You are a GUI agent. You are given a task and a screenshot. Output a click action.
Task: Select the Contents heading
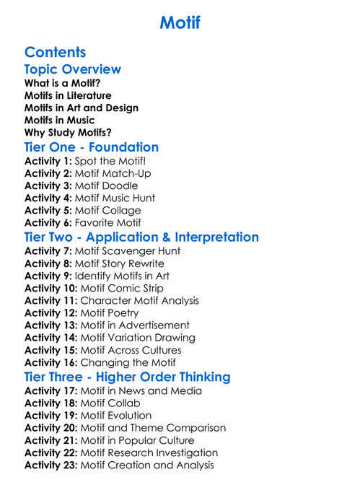(x=55, y=52)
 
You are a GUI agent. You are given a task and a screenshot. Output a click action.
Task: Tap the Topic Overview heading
(x=72, y=69)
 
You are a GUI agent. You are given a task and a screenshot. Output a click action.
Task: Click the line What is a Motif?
(x=62, y=83)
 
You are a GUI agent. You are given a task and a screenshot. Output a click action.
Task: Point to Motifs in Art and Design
(x=82, y=108)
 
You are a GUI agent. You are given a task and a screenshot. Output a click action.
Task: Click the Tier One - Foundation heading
(x=92, y=147)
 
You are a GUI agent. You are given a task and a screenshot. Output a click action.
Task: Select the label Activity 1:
(x=48, y=161)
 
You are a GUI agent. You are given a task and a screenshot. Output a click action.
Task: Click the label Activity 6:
(x=48, y=222)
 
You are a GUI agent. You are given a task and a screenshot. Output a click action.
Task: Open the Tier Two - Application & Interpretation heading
(x=141, y=237)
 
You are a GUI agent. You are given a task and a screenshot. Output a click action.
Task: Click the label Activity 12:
(x=51, y=312)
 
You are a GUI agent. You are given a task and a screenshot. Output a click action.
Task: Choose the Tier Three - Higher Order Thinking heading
(x=128, y=377)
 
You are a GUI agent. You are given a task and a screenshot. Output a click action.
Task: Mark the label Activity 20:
(x=51, y=428)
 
